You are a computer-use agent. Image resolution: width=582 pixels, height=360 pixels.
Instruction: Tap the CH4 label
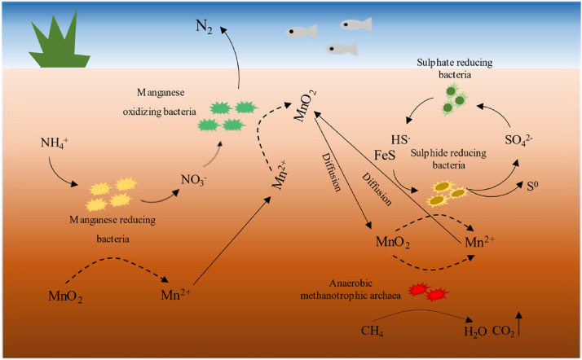click(x=373, y=331)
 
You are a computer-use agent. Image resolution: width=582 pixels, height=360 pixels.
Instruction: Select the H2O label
click(x=473, y=331)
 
